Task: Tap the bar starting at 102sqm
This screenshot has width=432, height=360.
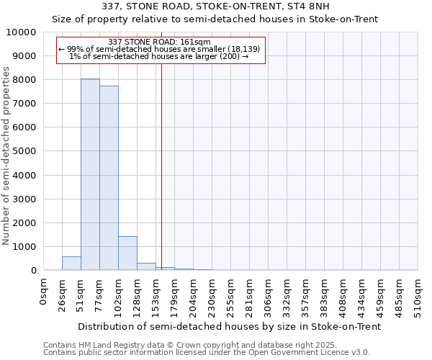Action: (127, 253)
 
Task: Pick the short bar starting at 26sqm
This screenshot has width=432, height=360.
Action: (71, 264)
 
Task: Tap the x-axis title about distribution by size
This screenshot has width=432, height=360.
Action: (229, 326)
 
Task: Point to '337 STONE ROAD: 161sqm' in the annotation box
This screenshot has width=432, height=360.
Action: (160, 42)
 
